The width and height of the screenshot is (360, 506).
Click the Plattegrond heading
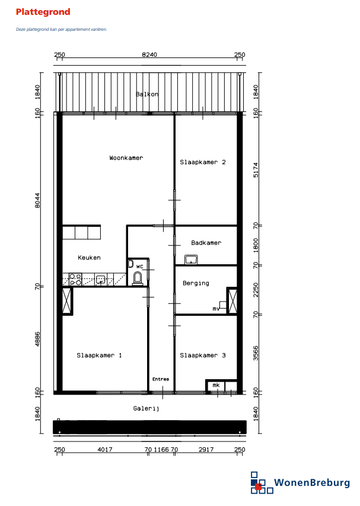(43, 12)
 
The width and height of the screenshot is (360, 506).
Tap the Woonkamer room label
(126, 158)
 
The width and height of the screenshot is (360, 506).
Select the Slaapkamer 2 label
(203, 162)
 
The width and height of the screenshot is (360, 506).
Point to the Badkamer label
(206, 243)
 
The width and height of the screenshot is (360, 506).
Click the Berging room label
(196, 283)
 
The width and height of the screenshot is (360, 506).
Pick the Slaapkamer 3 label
(203, 356)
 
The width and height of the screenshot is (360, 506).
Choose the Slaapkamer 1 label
(99, 356)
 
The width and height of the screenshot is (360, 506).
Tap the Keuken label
(89, 258)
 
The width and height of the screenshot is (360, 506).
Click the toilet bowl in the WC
(138, 278)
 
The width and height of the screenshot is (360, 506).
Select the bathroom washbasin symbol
(191, 260)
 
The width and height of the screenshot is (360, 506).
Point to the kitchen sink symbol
(101, 280)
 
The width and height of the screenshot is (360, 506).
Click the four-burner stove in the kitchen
(75, 279)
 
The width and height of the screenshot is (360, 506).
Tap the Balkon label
(147, 94)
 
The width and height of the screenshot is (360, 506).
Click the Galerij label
(146, 409)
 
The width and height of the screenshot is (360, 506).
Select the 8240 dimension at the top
(149, 55)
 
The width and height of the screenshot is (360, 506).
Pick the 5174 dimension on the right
(256, 169)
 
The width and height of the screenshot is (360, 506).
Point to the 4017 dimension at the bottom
(105, 449)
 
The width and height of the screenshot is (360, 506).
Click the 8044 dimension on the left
(37, 200)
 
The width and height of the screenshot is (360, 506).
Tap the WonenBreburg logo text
(312, 483)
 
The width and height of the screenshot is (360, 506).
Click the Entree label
(161, 379)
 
